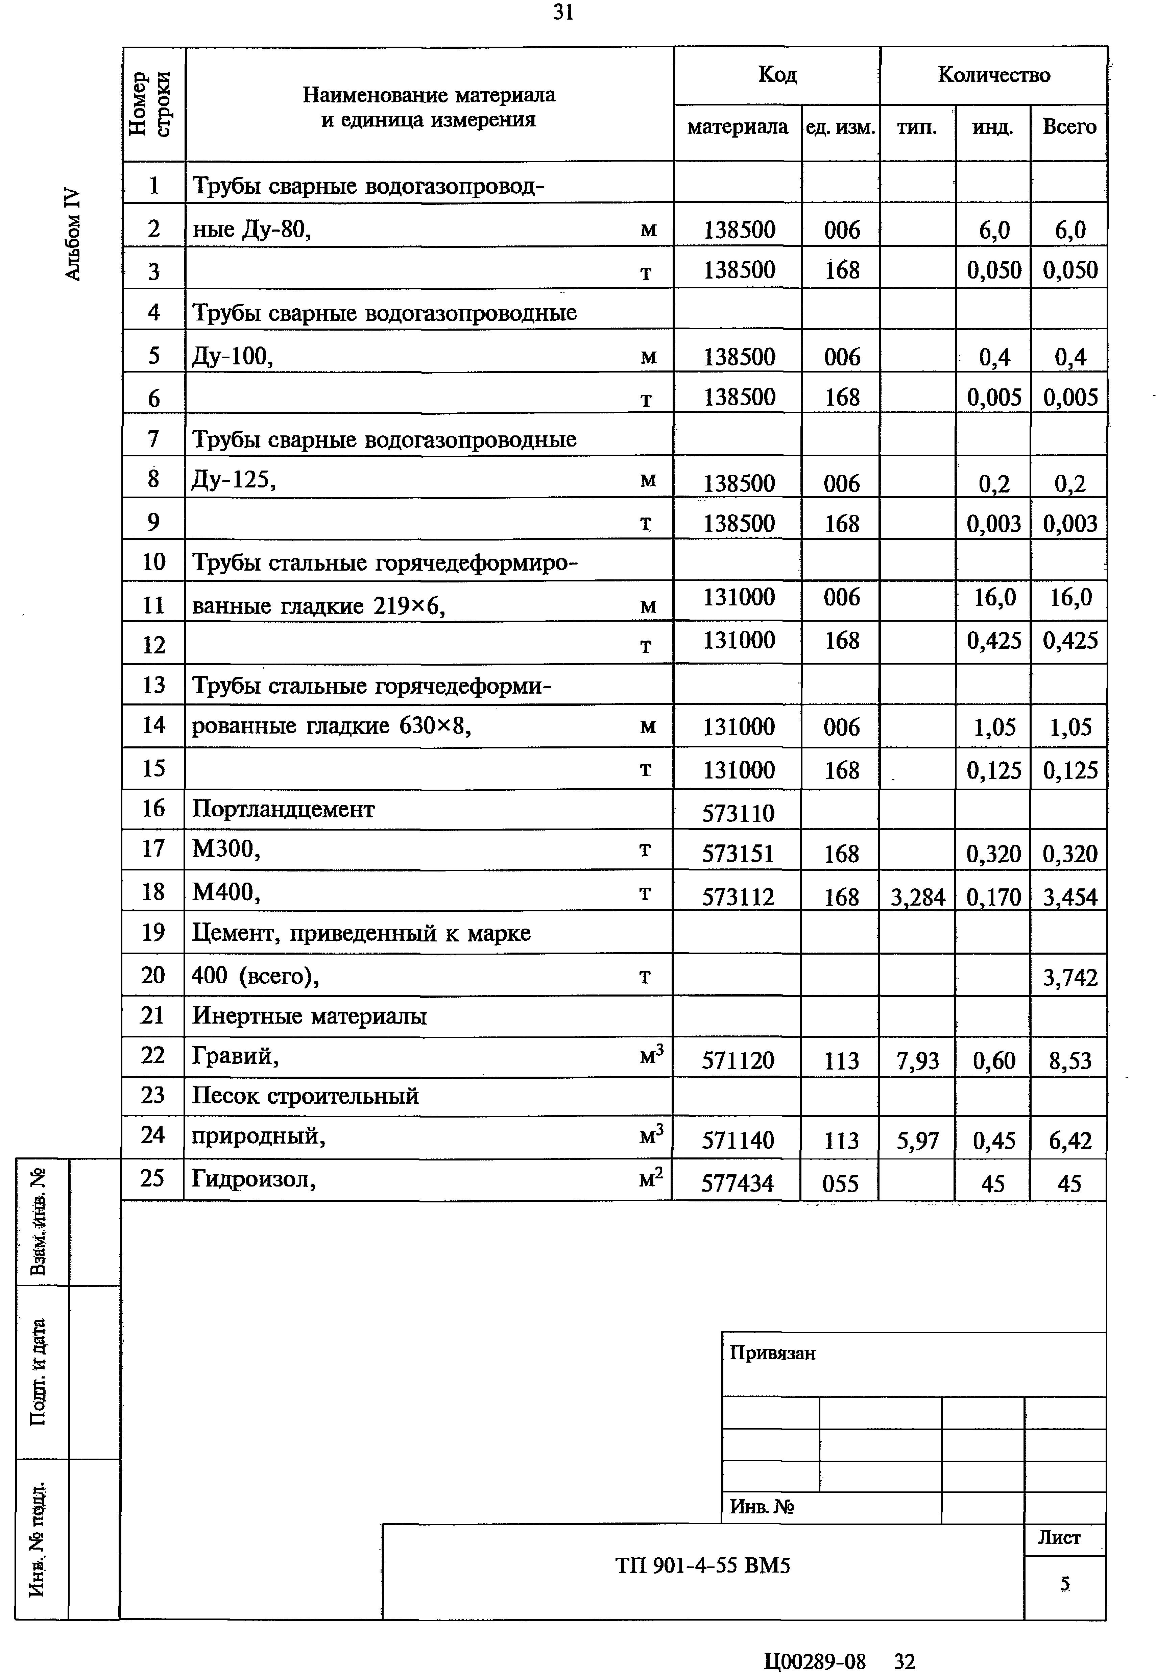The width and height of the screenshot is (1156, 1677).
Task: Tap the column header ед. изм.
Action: (840, 127)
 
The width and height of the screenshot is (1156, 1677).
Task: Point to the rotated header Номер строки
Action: (149, 103)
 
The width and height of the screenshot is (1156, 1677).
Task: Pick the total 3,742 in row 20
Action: (1070, 977)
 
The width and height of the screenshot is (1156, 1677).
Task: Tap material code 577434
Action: (737, 1183)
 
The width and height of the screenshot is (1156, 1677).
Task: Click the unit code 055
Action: (840, 1183)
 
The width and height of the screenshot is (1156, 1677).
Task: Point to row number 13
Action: (153, 685)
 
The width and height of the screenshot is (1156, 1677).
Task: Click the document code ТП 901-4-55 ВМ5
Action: (703, 1565)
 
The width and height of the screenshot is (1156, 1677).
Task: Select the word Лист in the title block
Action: (1059, 1537)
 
